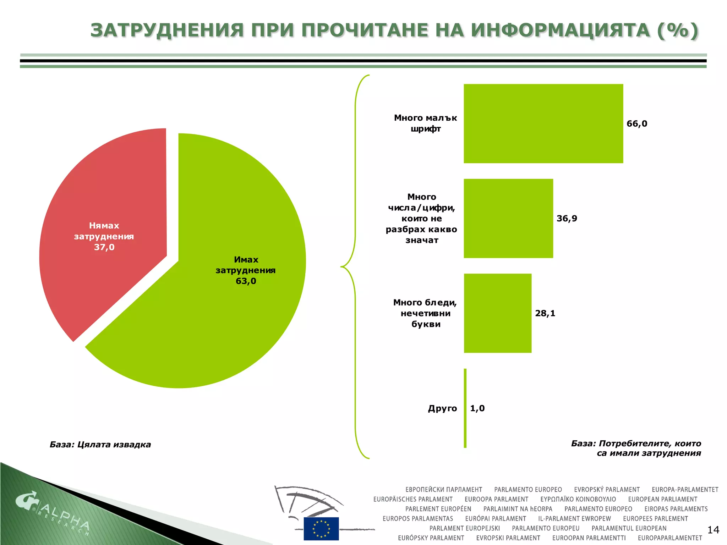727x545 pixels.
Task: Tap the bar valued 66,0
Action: click(543, 123)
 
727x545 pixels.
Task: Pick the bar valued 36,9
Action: click(508, 218)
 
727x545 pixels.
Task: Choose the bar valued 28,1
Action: click(497, 313)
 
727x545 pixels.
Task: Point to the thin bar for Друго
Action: click(465, 408)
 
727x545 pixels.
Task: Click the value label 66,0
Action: click(637, 124)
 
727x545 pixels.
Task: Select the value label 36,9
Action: click(567, 219)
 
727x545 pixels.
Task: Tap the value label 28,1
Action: click(545, 313)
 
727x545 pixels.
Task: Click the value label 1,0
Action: click(477, 408)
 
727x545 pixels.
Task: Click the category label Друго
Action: click(442, 408)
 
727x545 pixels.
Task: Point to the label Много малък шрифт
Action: click(425, 123)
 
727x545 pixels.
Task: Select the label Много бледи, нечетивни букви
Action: click(425, 313)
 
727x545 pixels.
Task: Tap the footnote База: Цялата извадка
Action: click(100, 445)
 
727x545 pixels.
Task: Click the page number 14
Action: click(713, 530)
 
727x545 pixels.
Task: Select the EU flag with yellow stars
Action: click(321, 528)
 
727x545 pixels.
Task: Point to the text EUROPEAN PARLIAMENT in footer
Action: click(663, 499)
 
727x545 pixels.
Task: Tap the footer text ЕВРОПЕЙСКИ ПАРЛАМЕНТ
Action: click(444, 490)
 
